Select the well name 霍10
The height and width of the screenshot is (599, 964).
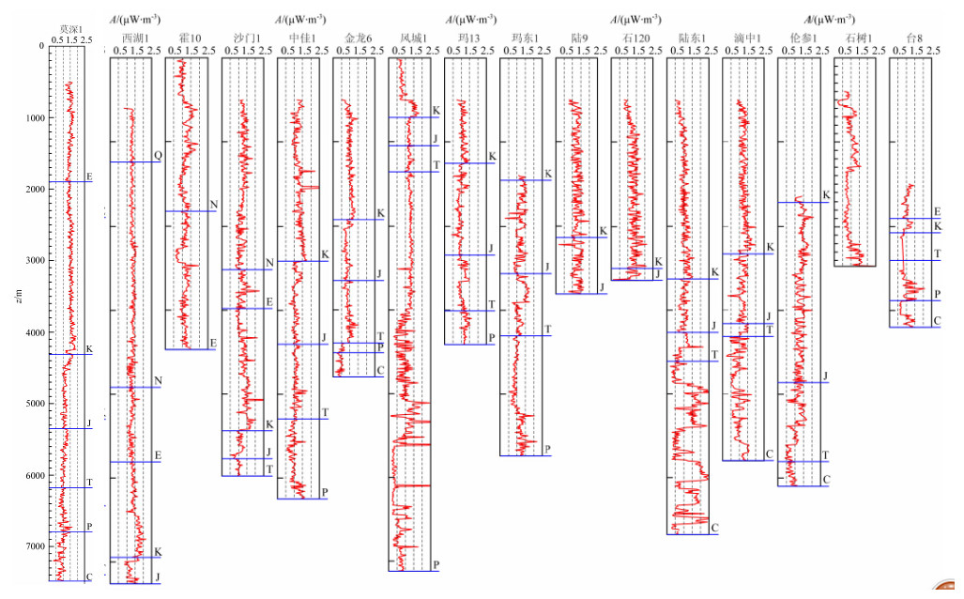point(189,38)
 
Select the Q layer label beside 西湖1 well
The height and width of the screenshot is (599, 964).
point(158,155)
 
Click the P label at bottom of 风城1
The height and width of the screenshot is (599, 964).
point(436,564)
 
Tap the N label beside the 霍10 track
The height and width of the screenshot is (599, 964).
point(213,205)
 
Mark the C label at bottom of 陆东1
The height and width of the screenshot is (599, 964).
point(714,529)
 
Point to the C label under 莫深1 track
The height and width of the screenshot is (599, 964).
point(88,577)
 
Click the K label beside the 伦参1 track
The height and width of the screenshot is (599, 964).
point(825,195)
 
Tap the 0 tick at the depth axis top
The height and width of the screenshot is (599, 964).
point(40,45)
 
